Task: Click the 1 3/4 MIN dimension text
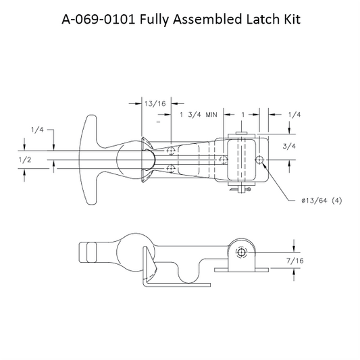199,115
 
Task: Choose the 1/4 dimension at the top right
294,115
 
